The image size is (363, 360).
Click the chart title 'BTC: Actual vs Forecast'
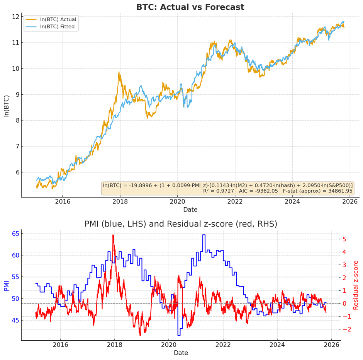coord(190,7)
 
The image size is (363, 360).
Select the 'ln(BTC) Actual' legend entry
coord(58,20)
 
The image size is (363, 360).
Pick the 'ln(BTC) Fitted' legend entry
coord(58,27)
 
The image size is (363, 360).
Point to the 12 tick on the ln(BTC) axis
coord(15,17)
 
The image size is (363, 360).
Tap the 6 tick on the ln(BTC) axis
coord(17,172)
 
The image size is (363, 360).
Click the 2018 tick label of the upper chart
coord(120,201)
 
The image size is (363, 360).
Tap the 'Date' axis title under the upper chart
coord(190,210)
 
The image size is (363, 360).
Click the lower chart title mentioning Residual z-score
coord(181,224)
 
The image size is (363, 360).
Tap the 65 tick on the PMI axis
coord(15,234)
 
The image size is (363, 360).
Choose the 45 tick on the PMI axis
coord(15,321)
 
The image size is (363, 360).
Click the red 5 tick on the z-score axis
coord(344,239)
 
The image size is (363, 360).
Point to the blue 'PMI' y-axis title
coord(7,285)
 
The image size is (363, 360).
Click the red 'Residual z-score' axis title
coord(356,285)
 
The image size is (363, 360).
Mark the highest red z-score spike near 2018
coord(113,235)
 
